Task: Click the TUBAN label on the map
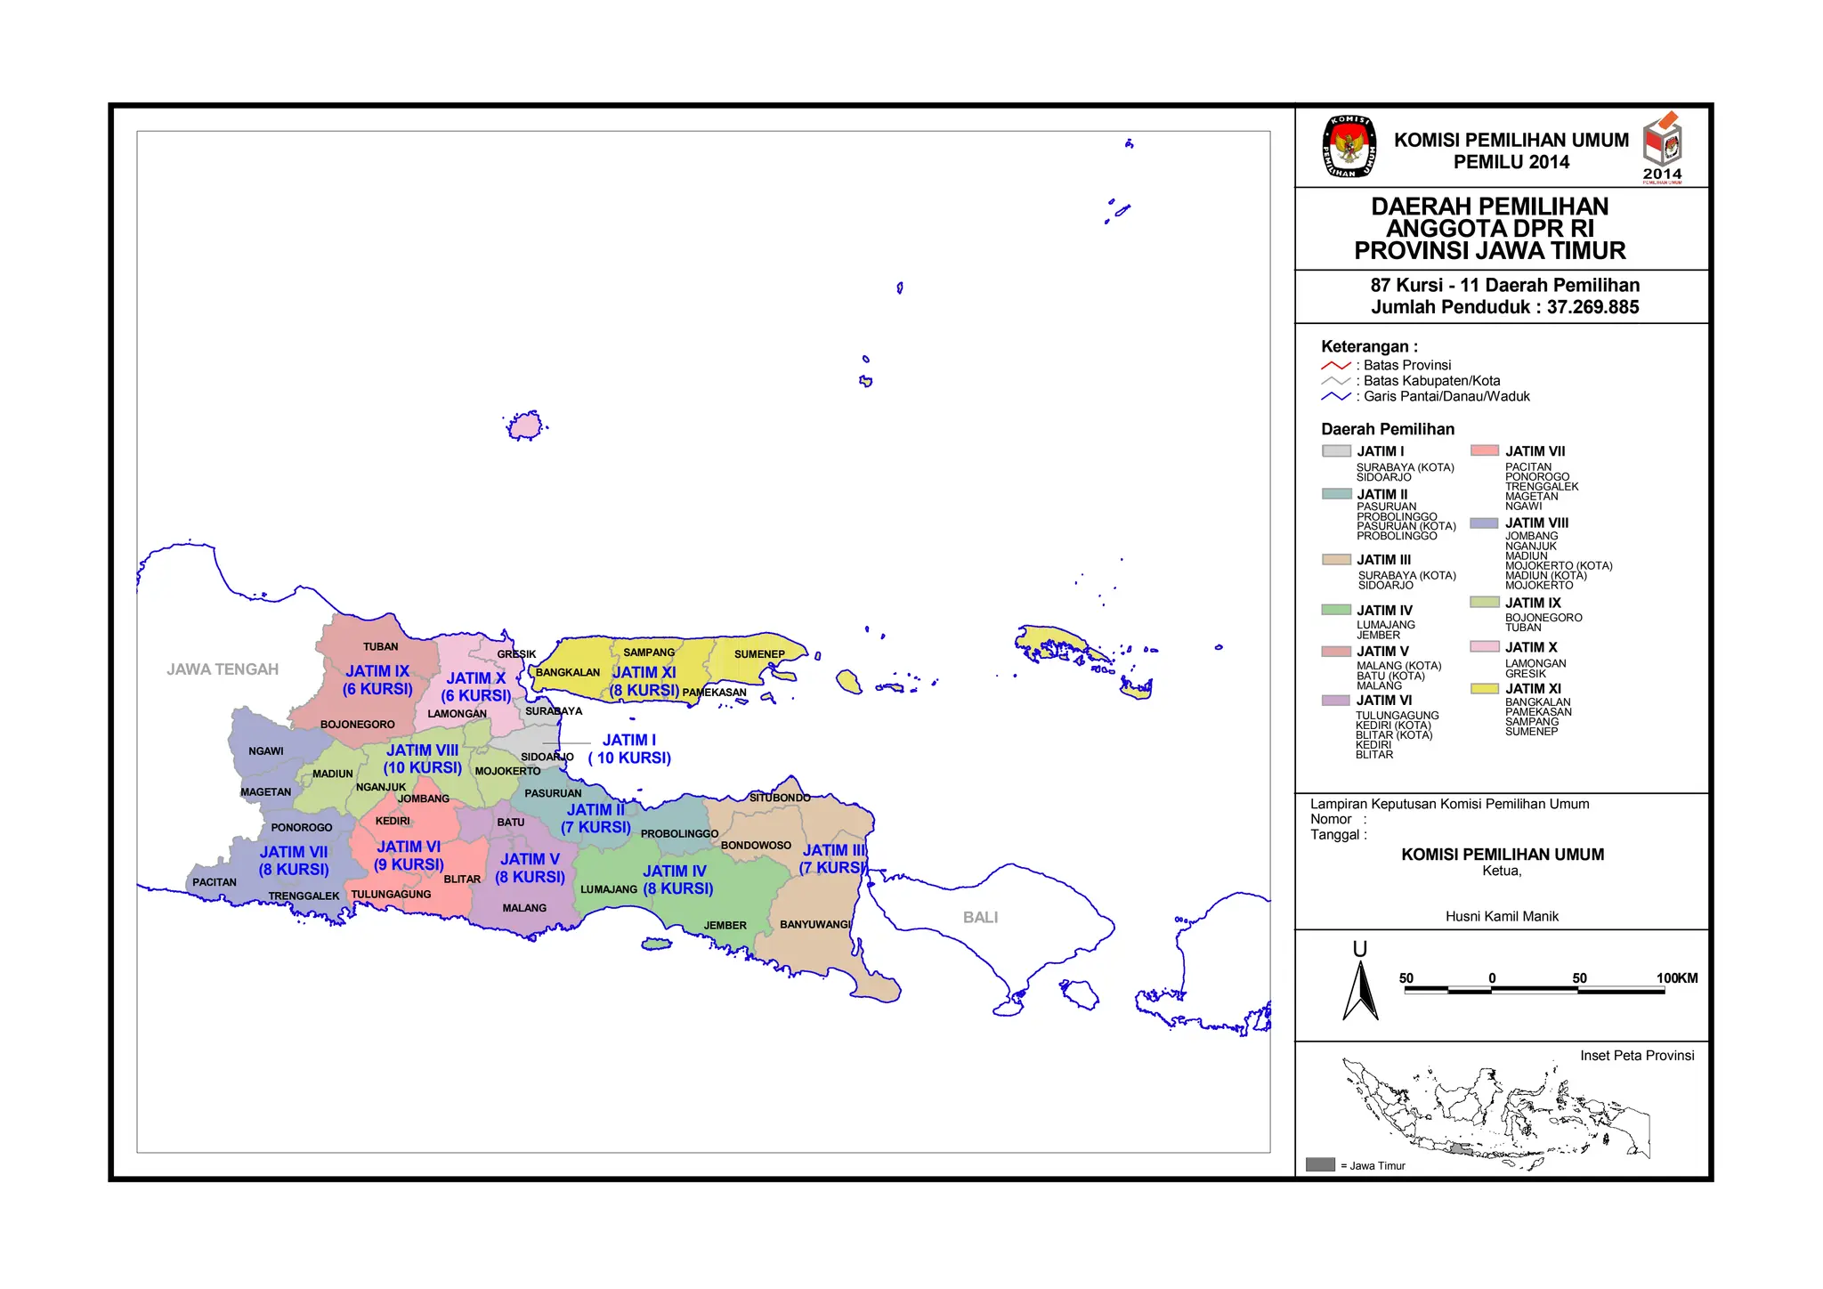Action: [x=380, y=646]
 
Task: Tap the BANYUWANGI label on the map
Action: [x=815, y=924]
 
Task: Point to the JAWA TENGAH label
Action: [x=223, y=669]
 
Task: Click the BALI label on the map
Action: [x=980, y=917]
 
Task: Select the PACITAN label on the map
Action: [x=215, y=882]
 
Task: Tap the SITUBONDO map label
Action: [x=780, y=798]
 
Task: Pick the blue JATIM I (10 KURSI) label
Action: [x=629, y=749]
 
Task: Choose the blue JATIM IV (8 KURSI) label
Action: [x=677, y=880]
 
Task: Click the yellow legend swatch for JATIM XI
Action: [x=1485, y=688]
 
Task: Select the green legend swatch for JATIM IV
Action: [x=1336, y=610]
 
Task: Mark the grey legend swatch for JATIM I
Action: [x=1336, y=450]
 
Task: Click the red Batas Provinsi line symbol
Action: [x=1335, y=366]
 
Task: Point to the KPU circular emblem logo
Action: [x=1349, y=147]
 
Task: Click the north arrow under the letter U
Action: [x=1360, y=991]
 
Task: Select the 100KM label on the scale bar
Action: [x=1677, y=977]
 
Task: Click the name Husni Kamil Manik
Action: [x=1502, y=916]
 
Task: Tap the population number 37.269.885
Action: [x=1592, y=307]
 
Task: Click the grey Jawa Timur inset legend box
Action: [x=1320, y=1164]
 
